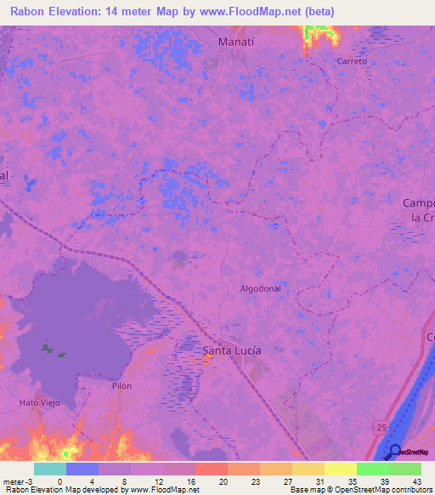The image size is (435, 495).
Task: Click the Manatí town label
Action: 237,42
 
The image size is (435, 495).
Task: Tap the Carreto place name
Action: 352,61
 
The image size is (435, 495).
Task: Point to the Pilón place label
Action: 121,385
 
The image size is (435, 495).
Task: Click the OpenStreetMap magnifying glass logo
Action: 395,452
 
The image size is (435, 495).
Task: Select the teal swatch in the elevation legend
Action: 50,469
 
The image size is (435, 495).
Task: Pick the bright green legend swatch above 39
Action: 372,469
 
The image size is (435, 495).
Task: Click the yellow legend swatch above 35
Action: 340,469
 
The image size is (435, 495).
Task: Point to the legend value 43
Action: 416,481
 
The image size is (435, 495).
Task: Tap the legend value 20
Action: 223,481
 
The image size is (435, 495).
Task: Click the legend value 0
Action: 59,481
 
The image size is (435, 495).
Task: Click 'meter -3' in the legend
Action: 18,481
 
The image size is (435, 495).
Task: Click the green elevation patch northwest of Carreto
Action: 319,34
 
